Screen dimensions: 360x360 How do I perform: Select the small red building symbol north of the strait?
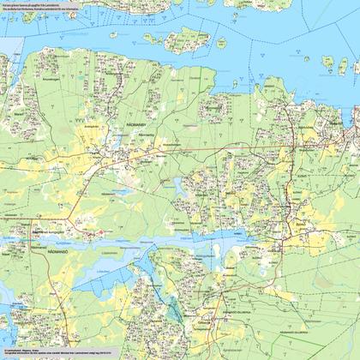(x=99, y=231)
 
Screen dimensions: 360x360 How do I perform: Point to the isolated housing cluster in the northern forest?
(x=214, y=107)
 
